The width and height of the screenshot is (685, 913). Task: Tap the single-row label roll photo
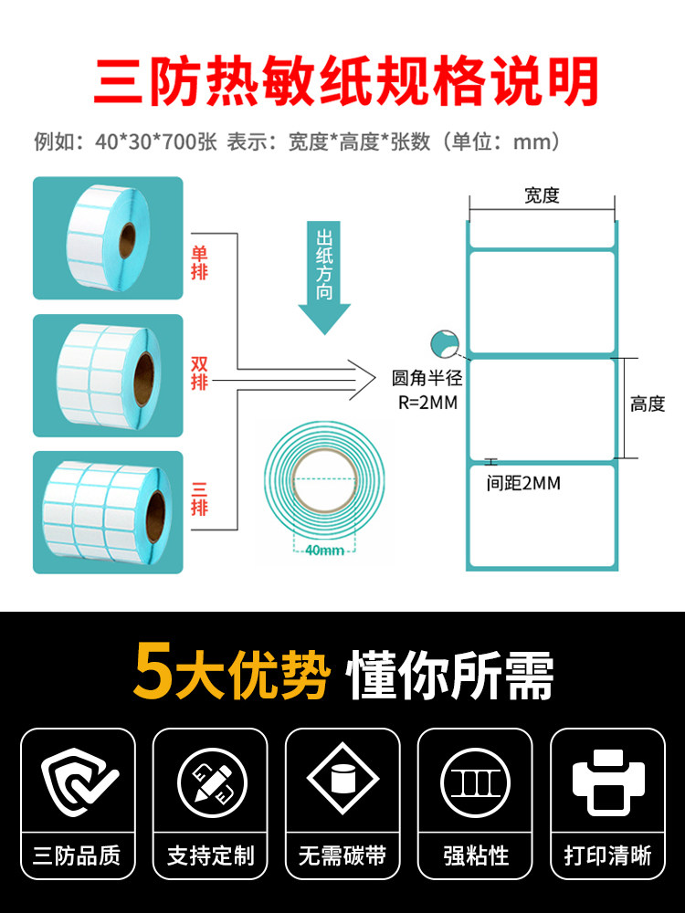(x=108, y=238)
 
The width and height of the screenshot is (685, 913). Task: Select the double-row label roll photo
(x=108, y=375)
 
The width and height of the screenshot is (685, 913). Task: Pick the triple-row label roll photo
(x=108, y=512)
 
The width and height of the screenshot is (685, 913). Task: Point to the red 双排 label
(x=199, y=373)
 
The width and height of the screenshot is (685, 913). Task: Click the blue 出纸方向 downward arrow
(x=324, y=275)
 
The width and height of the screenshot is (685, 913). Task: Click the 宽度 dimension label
(x=542, y=194)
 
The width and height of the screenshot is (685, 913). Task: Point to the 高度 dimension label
(x=648, y=404)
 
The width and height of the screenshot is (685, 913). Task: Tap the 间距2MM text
(x=523, y=483)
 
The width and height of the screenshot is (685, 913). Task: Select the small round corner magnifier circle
(x=443, y=344)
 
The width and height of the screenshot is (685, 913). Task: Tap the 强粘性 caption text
(x=475, y=855)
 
